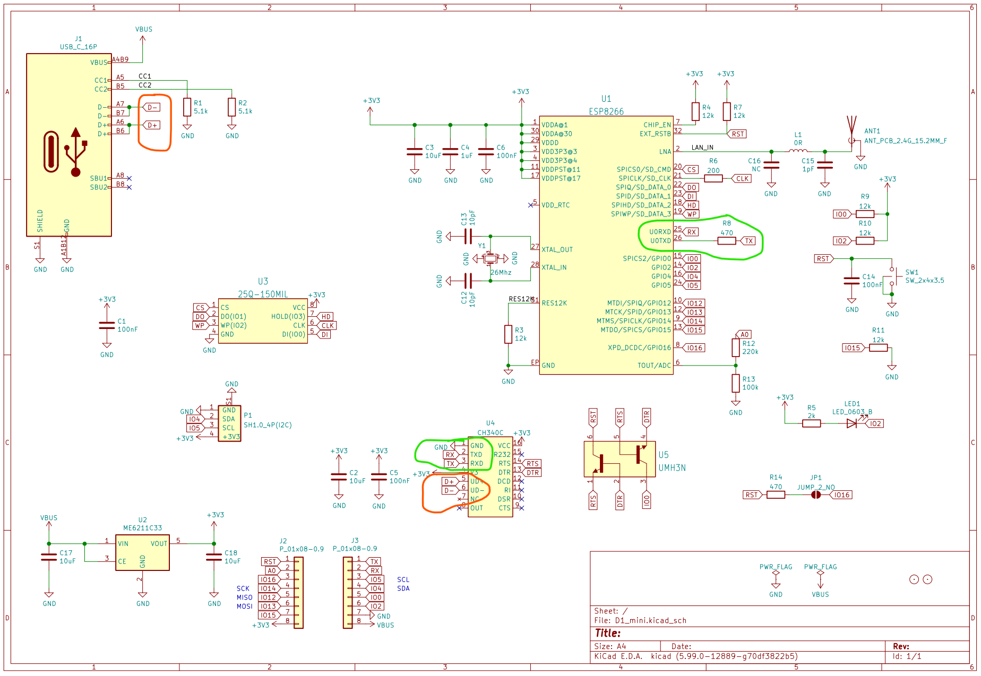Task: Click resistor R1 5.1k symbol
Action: coord(187,107)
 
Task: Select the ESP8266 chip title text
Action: coord(606,111)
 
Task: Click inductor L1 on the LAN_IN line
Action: coord(797,151)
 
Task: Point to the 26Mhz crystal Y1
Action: coord(490,258)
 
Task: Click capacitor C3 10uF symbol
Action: coord(415,152)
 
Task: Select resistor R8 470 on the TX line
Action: coord(726,241)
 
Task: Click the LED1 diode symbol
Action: coord(851,423)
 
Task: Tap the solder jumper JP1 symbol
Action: coord(816,495)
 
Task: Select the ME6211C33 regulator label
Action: coord(142,528)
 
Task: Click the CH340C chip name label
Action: coord(490,432)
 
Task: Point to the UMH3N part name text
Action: coord(672,468)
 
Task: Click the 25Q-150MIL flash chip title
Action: coord(263,294)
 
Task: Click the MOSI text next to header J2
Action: coord(244,606)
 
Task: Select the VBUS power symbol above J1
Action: coord(143,30)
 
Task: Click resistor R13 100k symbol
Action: coord(735,383)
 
